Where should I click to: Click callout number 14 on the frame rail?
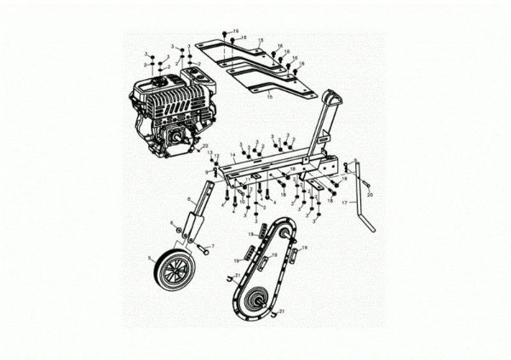coord(233,155)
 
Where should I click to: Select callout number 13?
coord(210,152)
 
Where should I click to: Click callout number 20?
coord(370,195)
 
